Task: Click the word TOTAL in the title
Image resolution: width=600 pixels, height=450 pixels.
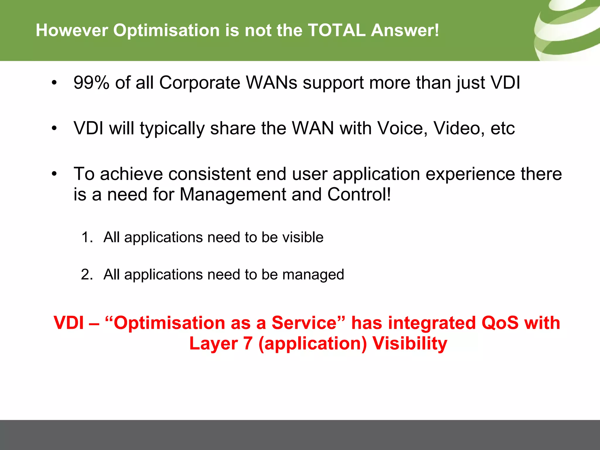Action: [x=336, y=30]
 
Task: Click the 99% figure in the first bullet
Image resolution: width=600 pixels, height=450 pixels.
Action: [x=91, y=83]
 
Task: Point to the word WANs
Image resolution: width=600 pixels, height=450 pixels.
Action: [x=272, y=83]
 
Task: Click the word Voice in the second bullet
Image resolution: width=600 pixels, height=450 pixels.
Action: [x=403, y=128]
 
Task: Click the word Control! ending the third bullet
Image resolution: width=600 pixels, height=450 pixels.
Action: [x=359, y=195]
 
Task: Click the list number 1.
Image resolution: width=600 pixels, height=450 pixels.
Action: [x=87, y=237]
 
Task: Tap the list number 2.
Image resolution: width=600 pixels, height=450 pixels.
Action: [x=87, y=275]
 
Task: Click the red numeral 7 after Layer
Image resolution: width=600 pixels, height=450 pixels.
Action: [x=248, y=343]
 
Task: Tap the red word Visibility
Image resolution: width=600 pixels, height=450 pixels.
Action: [x=410, y=343]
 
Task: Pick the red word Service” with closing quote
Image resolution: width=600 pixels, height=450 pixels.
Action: [x=308, y=323]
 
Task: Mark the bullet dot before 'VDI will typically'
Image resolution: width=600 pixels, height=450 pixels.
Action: [x=54, y=128]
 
